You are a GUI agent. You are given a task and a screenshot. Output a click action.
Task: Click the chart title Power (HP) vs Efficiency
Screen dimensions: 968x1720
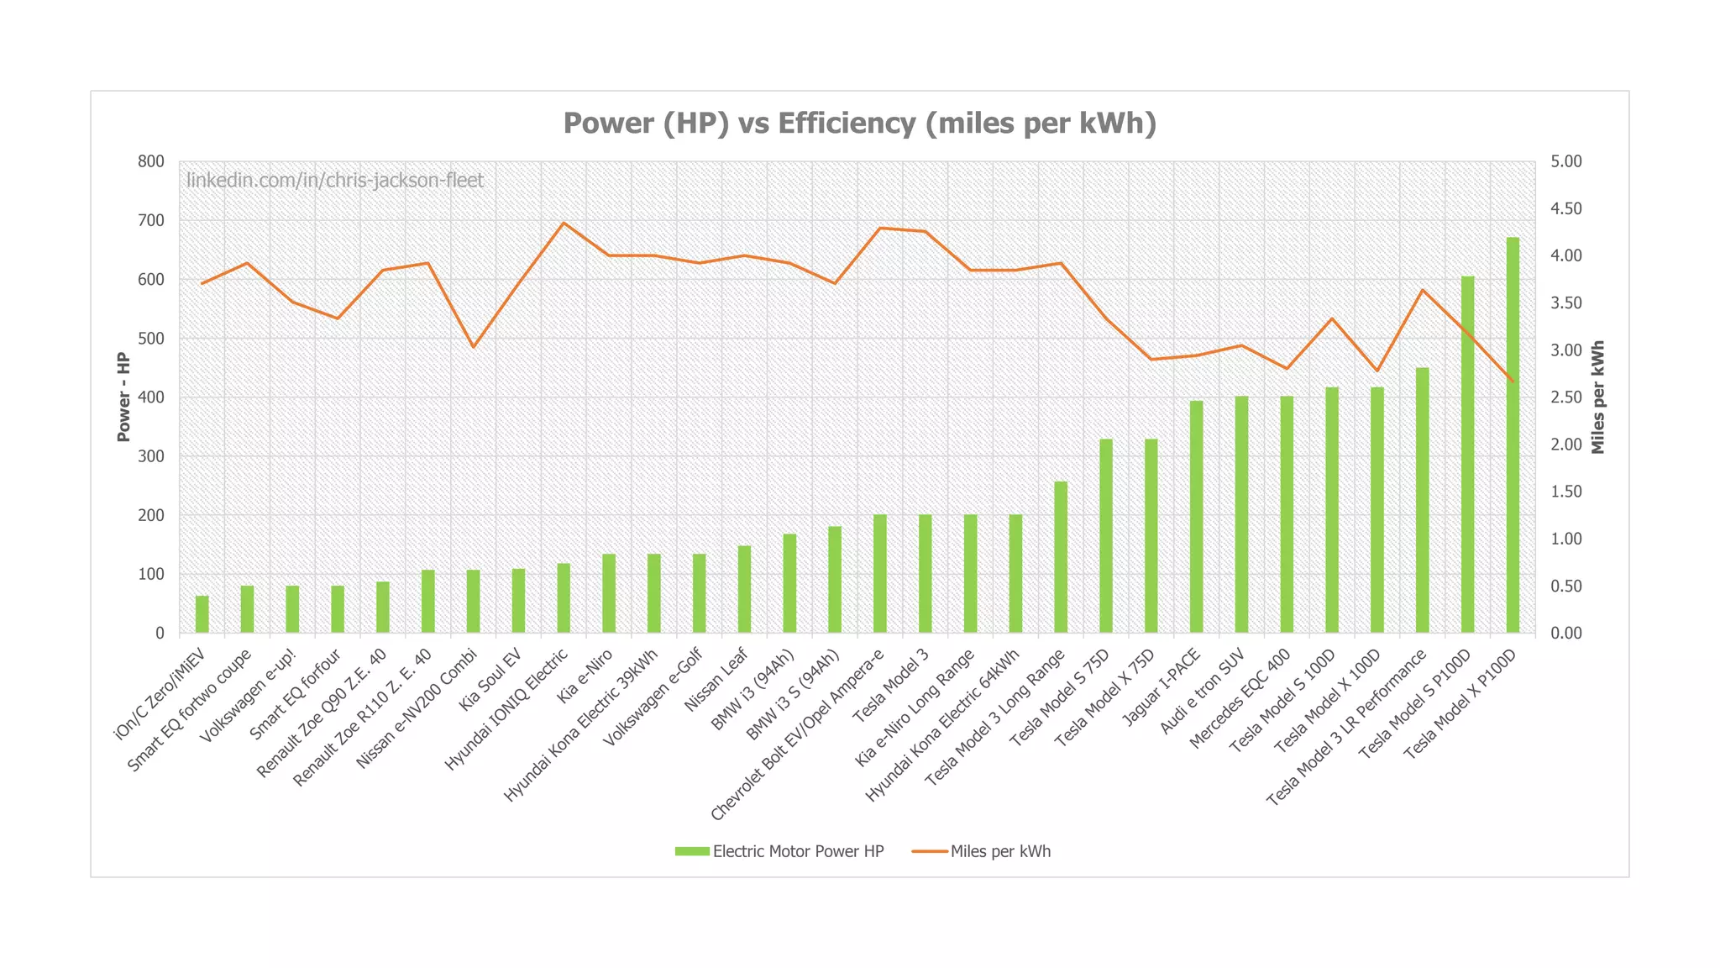coord(859,124)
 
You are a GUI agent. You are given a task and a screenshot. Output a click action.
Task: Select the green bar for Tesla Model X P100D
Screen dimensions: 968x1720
coord(1513,437)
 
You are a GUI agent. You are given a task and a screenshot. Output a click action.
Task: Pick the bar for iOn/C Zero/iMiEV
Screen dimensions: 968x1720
coord(202,614)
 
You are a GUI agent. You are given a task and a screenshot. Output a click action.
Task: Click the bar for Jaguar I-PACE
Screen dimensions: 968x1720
coord(1196,518)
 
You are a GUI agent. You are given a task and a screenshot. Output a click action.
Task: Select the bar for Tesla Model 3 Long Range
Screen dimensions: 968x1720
coord(1061,558)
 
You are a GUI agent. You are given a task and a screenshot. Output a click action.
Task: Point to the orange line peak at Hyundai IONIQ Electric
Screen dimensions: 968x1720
coord(564,224)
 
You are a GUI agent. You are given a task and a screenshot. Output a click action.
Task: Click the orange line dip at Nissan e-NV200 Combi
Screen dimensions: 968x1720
coord(473,346)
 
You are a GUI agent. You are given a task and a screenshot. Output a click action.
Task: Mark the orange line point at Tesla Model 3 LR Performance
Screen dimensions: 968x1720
coord(1422,291)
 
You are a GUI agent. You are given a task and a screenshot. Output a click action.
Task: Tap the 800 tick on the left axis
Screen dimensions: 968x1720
coord(152,161)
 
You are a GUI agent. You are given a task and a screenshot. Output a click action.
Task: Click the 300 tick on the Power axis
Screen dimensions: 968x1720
coord(152,456)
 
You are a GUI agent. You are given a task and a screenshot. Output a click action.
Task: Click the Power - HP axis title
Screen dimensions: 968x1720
coord(124,397)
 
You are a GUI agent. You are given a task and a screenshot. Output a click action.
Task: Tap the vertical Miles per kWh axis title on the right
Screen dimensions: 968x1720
coord(1597,397)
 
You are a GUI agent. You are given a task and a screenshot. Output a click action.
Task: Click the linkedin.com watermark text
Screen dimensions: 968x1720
coord(335,181)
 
